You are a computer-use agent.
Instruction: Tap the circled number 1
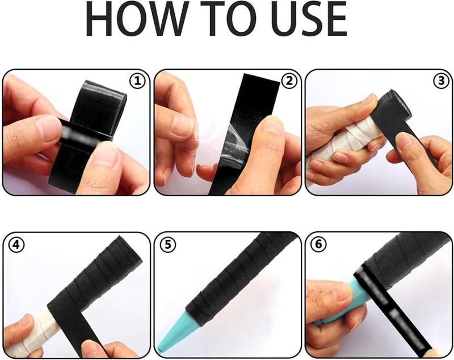coord(137,81)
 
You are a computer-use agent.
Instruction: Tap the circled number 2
coord(289,81)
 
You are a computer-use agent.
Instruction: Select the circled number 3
coord(441,81)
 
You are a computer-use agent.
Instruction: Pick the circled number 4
coord(16,244)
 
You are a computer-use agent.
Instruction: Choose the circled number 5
coord(168,244)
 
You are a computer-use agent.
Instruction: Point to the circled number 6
coord(318,244)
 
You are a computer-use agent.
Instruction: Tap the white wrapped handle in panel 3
coord(347,142)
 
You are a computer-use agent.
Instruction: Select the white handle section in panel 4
coord(32,333)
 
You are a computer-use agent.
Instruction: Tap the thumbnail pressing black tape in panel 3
coord(406,141)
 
